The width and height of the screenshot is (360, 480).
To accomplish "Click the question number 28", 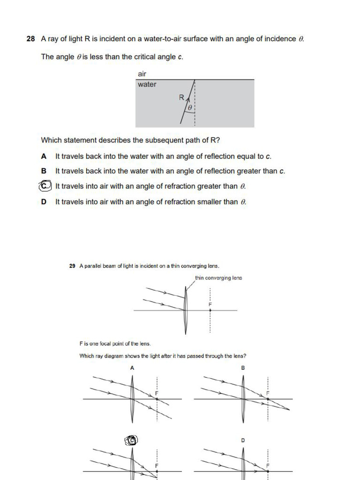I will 31,39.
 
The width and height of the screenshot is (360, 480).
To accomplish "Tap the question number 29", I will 72,266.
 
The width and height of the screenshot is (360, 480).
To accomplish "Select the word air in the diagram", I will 142,74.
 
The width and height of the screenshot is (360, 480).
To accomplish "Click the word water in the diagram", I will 147,85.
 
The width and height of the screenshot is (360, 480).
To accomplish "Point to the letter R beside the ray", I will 181,97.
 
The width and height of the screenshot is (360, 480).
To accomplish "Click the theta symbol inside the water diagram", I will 190,108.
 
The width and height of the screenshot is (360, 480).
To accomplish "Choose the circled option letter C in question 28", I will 44,186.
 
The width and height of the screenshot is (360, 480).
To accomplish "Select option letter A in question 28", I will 44,156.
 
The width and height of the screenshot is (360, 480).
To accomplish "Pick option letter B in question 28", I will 44,171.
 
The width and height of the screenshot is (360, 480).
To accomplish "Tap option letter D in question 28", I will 44,202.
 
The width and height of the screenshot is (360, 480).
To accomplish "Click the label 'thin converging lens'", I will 218,278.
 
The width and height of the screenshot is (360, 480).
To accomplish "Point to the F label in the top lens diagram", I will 210,305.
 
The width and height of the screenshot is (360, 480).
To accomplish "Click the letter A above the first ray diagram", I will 132,368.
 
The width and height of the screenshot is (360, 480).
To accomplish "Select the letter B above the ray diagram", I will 243,368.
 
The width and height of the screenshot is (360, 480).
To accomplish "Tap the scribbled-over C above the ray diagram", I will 132,440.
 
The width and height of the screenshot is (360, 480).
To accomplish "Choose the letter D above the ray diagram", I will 243,440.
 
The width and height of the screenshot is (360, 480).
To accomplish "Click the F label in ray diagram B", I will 268,392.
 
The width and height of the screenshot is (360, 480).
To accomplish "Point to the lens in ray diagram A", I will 133,398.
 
